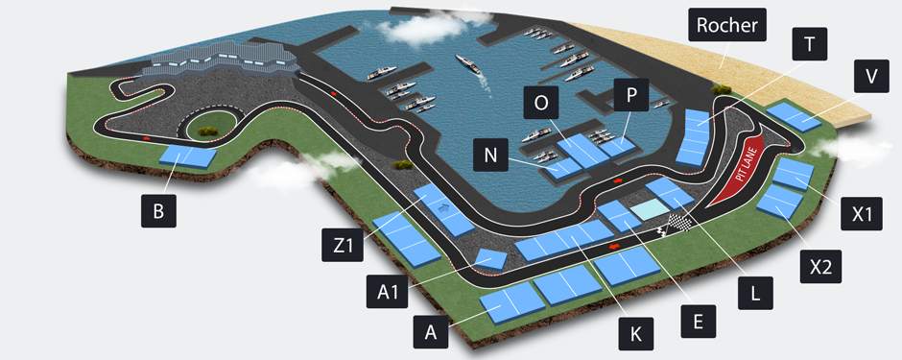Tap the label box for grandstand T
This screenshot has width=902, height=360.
pyautogui.click(x=809, y=44)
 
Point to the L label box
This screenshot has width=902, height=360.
pyautogui.click(x=754, y=292)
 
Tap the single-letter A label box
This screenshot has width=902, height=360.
pyautogui.click(x=430, y=332)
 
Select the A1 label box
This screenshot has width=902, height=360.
pyautogui.click(x=387, y=292)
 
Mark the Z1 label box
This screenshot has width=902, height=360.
pyautogui.click(x=341, y=246)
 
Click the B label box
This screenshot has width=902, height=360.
pyautogui.click(x=157, y=210)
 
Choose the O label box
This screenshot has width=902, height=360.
pyautogui.click(x=542, y=103)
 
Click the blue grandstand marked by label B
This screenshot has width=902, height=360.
pyautogui.click(x=186, y=156)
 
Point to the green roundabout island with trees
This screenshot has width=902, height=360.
pyautogui.click(x=212, y=122)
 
